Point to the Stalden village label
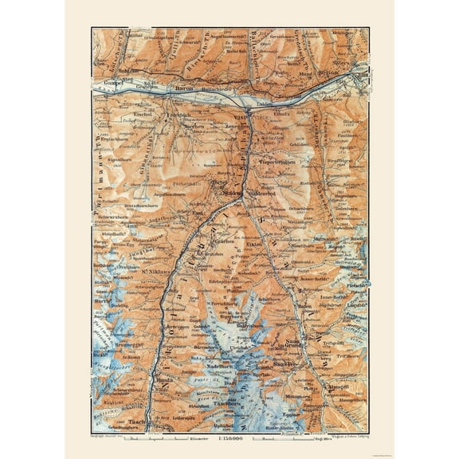coord(233,192)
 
